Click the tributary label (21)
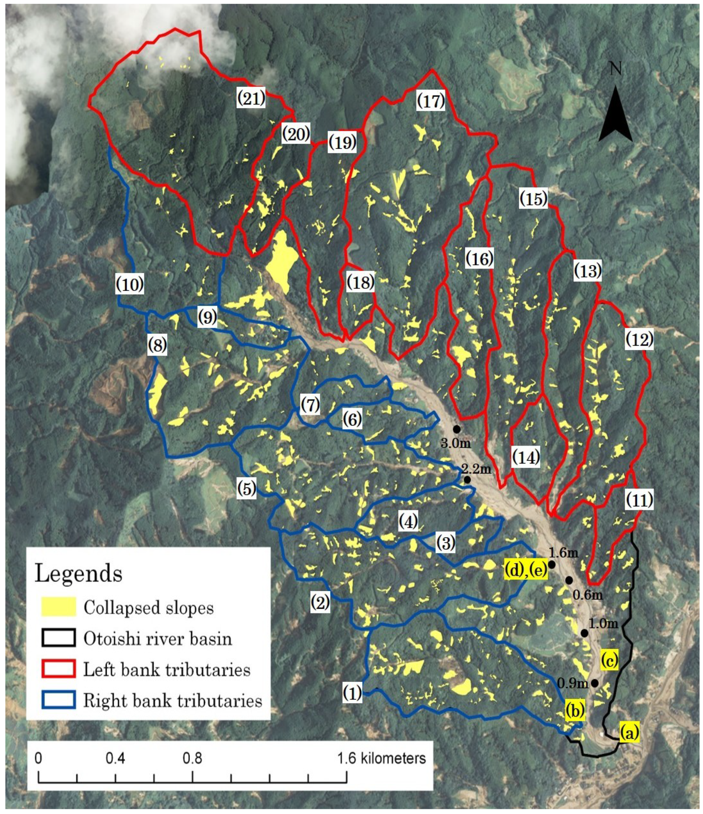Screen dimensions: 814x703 pyautogui.click(x=251, y=98)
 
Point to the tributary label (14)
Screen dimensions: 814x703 pyautogui.click(x=526, y=457)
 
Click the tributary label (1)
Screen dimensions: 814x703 pyautogui.click(x=352, y=693)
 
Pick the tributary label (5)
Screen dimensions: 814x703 pyautogui.click(x=246, y=488)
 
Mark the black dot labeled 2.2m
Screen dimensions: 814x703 pyautogui.click(x=467, y=480)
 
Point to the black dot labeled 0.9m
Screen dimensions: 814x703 pyautogui.click(x=595, y=683)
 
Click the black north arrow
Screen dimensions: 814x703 pyautogui.click(x=615, y=116)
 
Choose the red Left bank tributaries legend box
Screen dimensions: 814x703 pyautogui.click(x=59, y=668)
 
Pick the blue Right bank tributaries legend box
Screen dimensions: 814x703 pyautogui.click(x=59, y=699)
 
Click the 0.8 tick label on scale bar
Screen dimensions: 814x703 pyautogui.click(x=192, y=758)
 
